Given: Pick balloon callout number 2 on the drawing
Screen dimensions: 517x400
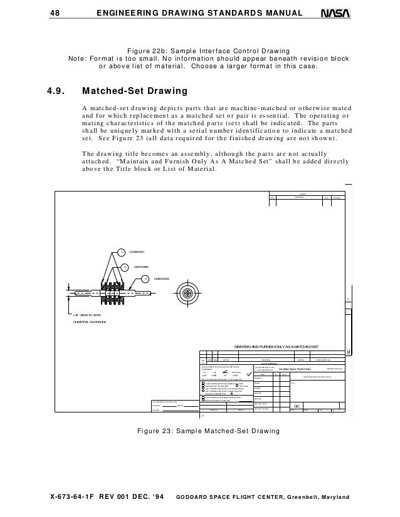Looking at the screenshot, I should click(x=124, y=266).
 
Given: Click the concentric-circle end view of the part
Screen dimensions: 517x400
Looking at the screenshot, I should click(x=187, y=293).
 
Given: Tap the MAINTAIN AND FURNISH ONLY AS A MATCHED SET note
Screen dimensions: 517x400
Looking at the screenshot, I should click(x=276, y=346).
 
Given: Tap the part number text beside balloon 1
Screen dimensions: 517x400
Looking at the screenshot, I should click(x=137, y=252).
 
